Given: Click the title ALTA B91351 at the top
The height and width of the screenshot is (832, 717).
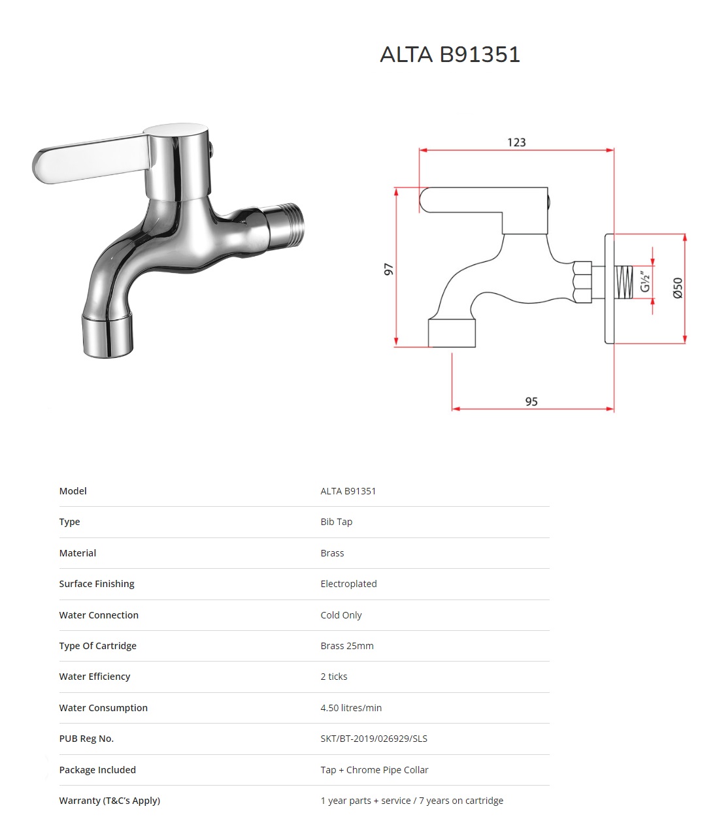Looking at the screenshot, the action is click(x=450, y=54).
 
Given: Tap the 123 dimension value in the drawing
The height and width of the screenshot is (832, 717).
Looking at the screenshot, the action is click(x=516, y=142).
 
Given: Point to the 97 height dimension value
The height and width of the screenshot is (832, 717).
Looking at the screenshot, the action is click(x=388, y=269).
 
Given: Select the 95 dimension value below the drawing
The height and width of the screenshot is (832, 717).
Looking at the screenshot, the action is click(x=531, y=402).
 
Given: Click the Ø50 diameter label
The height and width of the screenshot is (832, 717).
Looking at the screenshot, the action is click(x=678, y=288).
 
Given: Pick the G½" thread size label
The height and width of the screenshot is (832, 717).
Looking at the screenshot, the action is click(x=645, y=281).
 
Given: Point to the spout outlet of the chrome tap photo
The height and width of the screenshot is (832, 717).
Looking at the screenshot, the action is click(x=108, y=335).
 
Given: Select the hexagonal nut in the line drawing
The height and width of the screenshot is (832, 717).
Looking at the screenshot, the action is click(x=582, y=281).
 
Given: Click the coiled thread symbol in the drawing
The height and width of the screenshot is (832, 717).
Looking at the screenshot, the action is click(x=624, y=282).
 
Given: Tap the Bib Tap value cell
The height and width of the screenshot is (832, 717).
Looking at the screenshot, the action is click(x=337, y=522).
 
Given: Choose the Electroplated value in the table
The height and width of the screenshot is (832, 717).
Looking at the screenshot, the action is click(x=349, y=584).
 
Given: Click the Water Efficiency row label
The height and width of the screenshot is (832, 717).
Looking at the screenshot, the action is click(x=95, y=676).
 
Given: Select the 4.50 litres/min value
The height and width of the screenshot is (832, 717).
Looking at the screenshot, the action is click(x=351, y=708).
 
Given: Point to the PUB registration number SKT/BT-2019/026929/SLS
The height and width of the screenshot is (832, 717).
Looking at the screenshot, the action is click(x=374, y=739).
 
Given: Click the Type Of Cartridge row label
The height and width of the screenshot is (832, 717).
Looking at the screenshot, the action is click(x=98, y=646).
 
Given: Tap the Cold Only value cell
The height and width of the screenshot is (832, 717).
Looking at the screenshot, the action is click(x=341, y=615).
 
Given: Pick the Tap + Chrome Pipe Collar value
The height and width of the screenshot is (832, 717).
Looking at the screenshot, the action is click(x=375, y=769).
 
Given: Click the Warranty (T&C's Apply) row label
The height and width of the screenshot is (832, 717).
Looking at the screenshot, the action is click(x=110, y=801).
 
